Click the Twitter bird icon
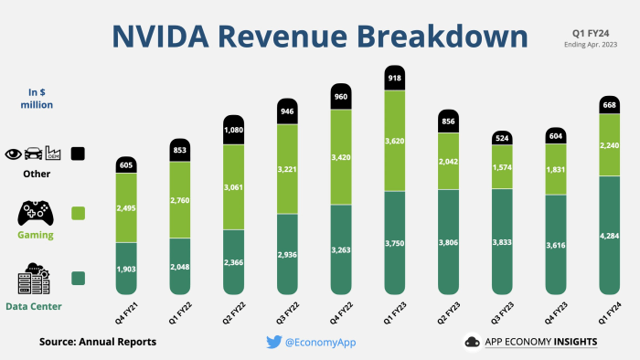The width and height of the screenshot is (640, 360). [273, 342]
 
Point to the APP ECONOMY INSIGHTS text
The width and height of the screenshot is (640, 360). [543, 342]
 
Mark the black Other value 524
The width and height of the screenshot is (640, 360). [501, 139]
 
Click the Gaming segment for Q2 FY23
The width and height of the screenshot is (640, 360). [448, 161]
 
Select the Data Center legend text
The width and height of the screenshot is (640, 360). [34, 305]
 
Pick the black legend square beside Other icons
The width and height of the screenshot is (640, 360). [77, 154]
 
